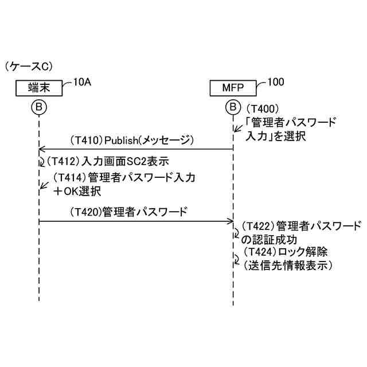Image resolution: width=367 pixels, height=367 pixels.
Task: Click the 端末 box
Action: coord(38,88)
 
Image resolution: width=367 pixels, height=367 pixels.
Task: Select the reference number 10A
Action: coord(81,81)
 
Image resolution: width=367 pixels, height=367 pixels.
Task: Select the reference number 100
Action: coord(275,81)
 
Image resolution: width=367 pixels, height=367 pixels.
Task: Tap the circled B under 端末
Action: coord(38,107)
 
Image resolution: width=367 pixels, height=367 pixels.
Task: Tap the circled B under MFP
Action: coord(233,107)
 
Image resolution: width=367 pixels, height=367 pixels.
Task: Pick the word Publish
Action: coord(123,140)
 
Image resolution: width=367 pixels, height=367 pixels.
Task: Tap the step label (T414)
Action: coord(70,178)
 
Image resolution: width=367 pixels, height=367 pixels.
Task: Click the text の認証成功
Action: coord(264,238)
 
